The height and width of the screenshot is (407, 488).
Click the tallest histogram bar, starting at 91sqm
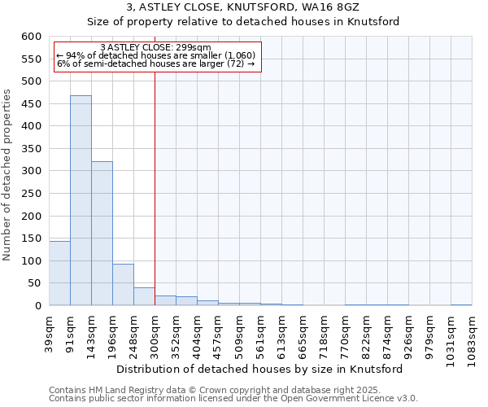81,200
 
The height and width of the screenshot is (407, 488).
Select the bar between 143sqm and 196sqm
102,234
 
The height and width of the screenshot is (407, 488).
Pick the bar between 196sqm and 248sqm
123,285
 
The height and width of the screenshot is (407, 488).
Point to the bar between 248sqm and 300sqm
144,296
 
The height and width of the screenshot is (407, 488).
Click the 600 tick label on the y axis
31,37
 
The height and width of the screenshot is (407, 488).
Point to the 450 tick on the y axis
31,104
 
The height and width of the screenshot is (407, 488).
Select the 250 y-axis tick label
31,194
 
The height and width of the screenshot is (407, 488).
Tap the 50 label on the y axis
34,283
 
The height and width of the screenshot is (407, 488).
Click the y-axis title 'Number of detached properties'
7,175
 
